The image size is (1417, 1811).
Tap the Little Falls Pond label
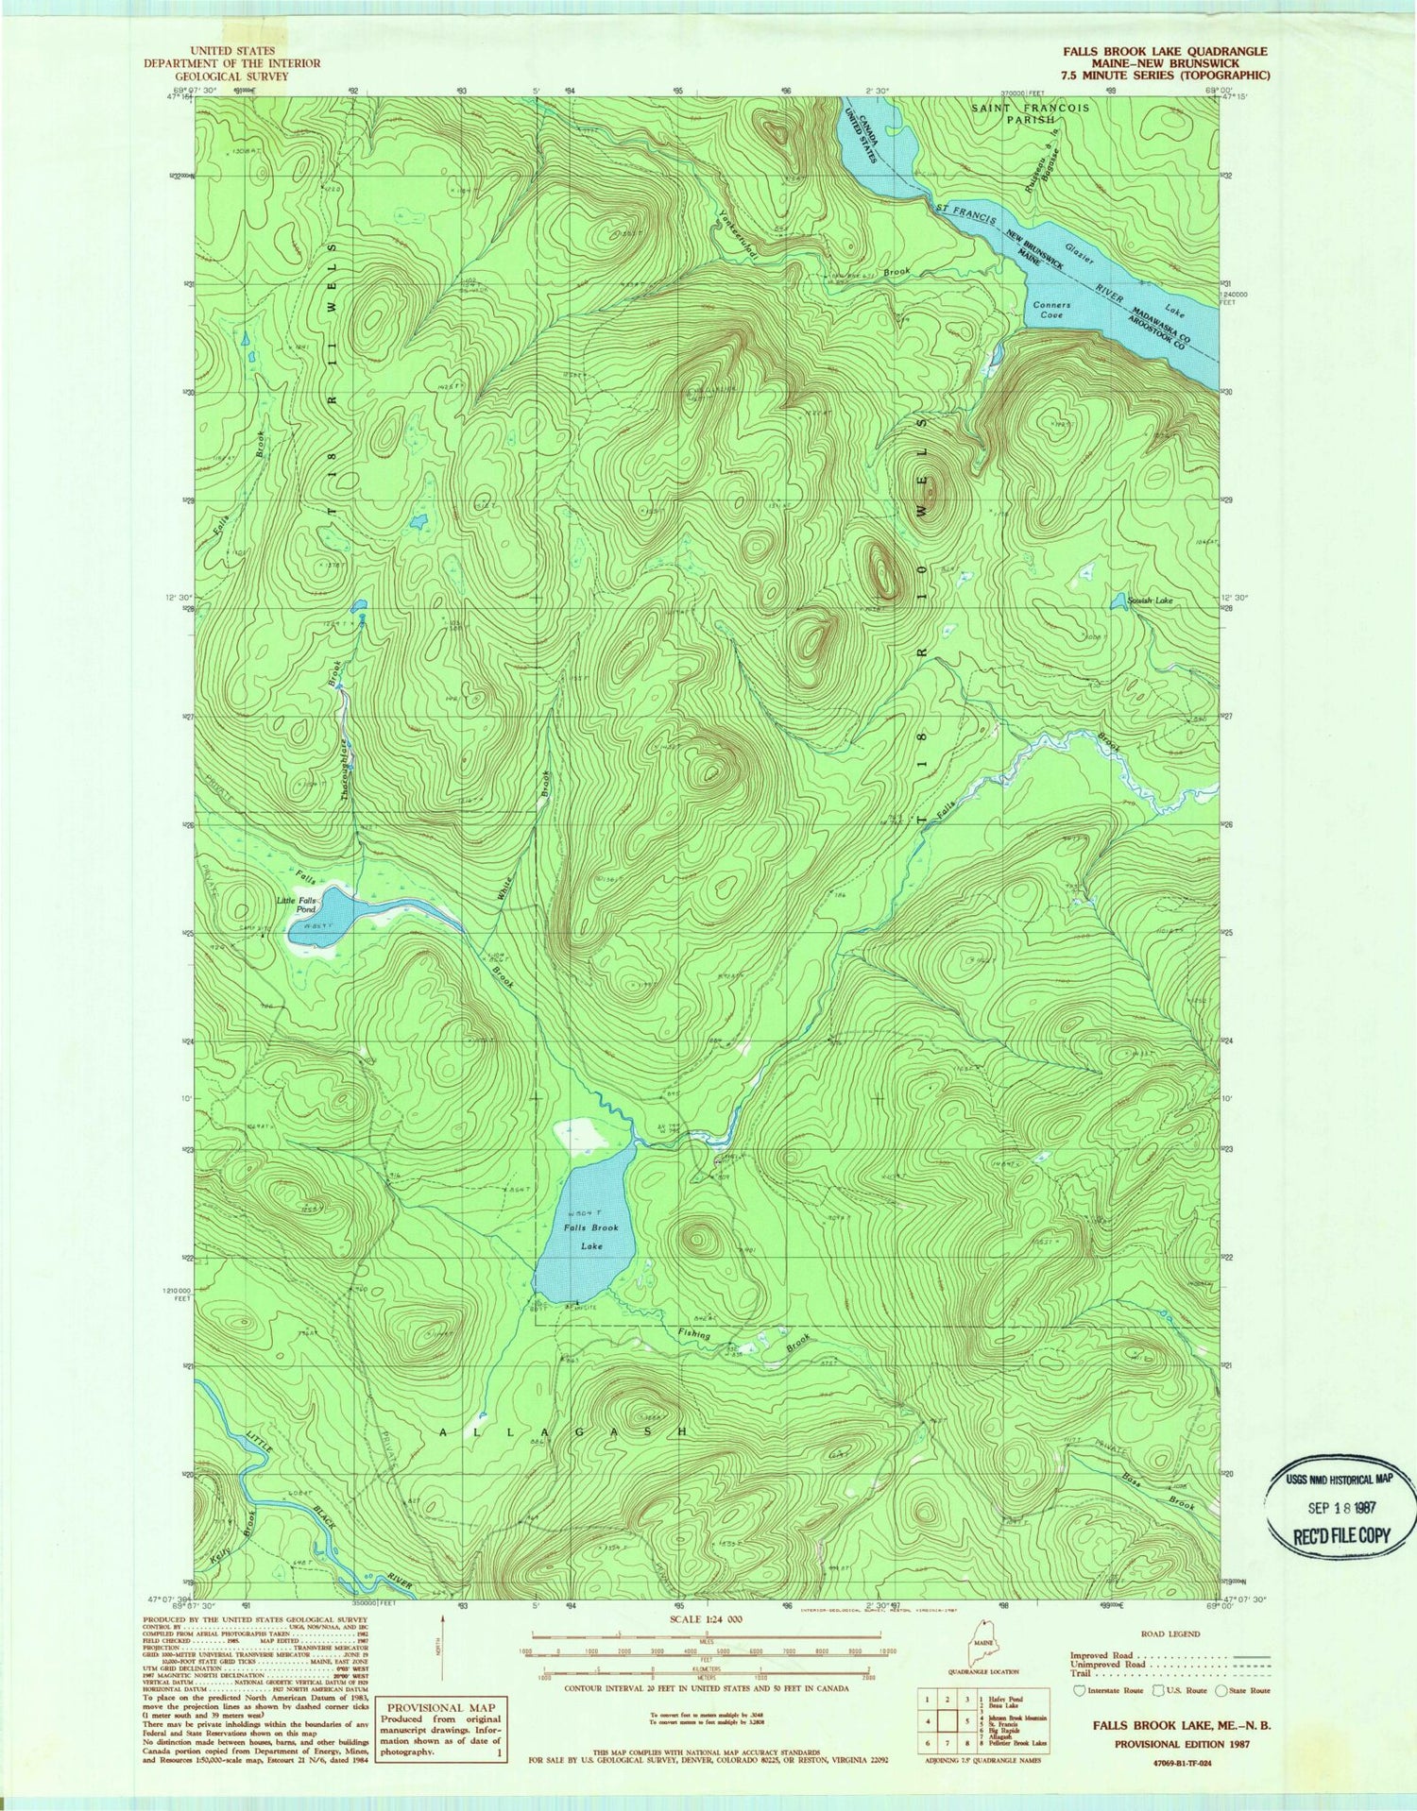click(x=296, y=905)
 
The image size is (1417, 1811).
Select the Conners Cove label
click(x=1051, y=310)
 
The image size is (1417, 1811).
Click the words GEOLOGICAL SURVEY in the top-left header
click(x=232, y=76)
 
